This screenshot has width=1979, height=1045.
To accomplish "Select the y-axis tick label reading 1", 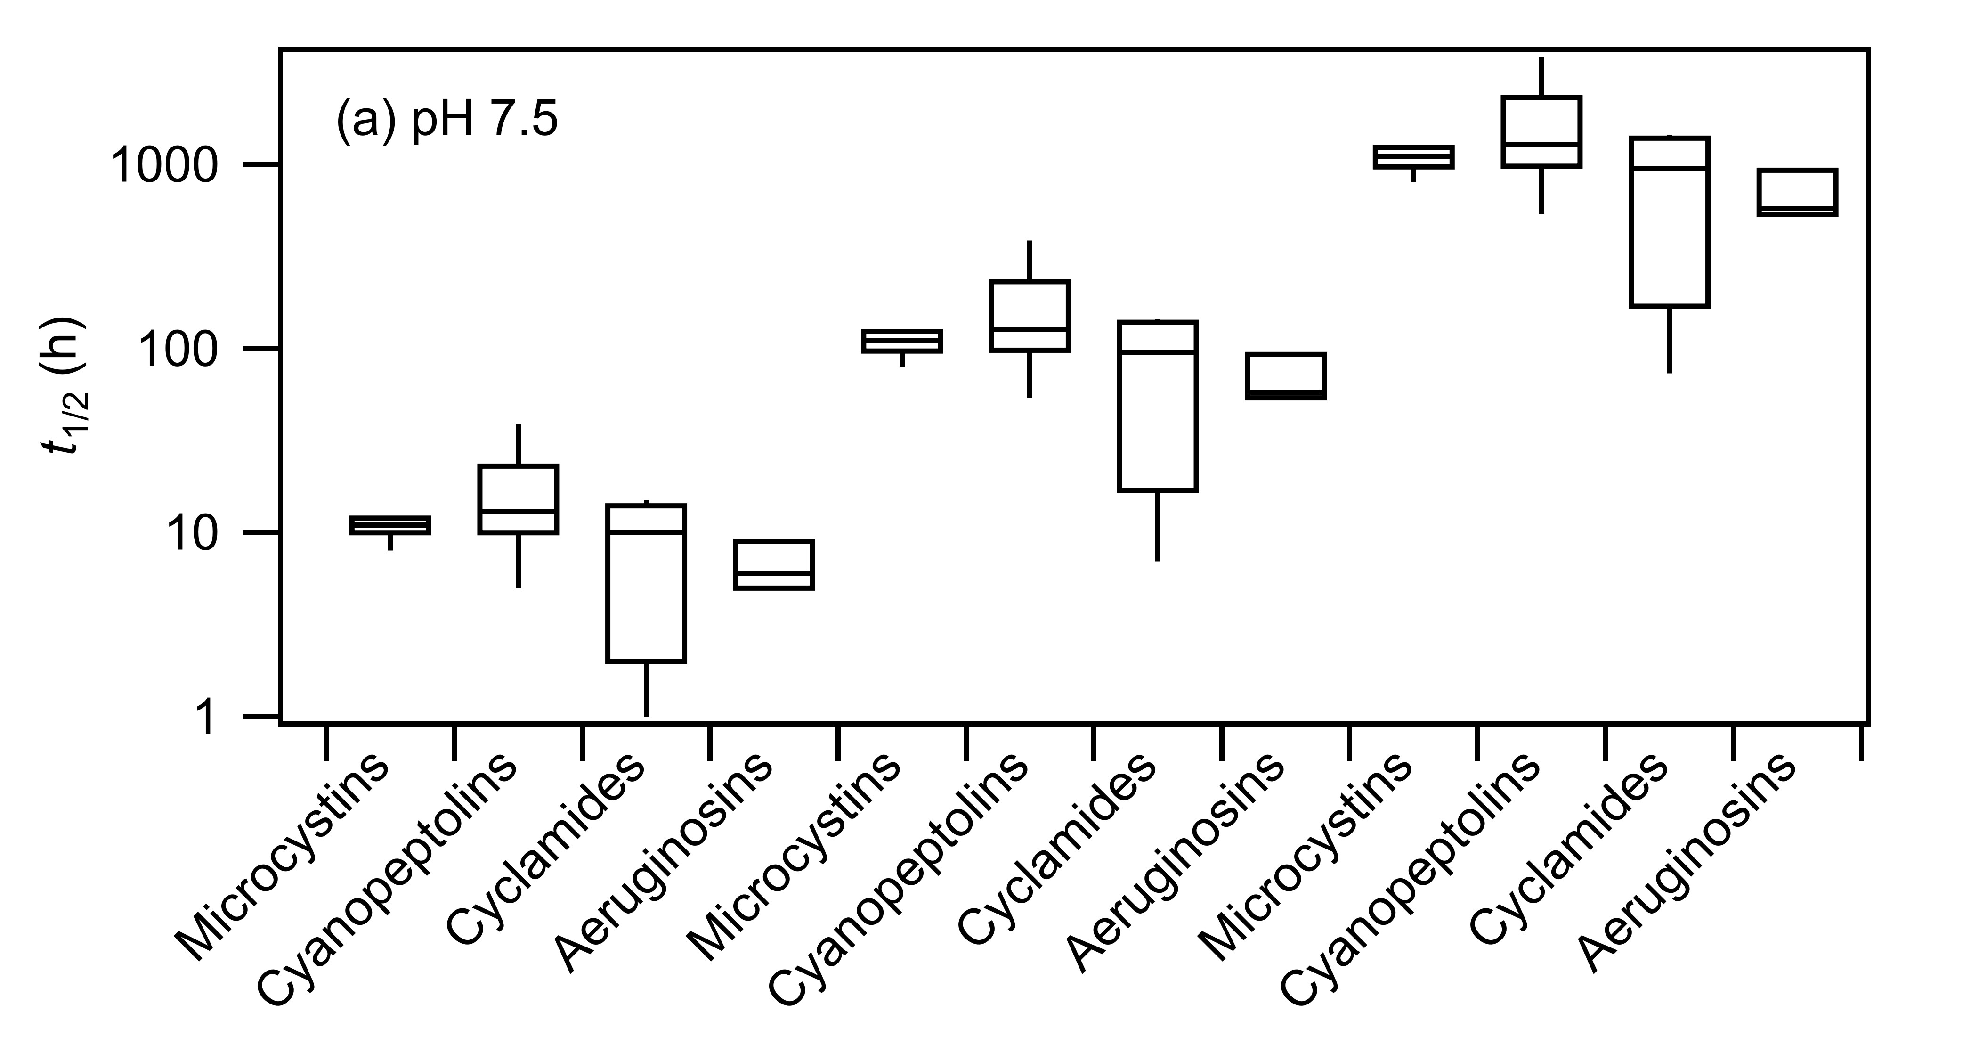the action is [209, 718].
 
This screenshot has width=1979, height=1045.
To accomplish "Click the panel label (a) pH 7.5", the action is [447, 122].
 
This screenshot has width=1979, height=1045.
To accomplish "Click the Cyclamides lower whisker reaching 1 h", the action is [646, 689].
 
